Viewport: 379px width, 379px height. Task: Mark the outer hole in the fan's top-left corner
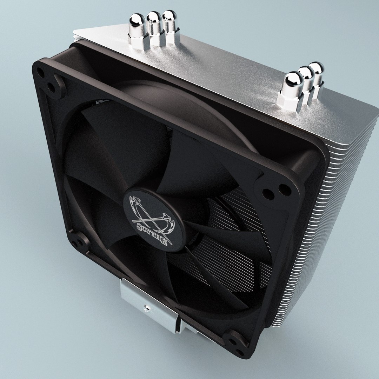point(41,73)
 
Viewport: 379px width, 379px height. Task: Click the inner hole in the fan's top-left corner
point(52,87)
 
